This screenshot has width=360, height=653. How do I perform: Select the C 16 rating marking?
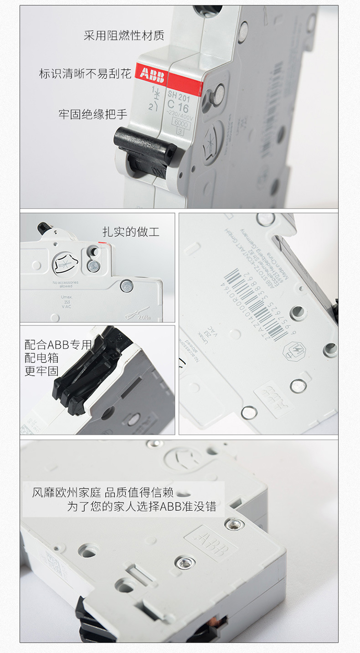178,107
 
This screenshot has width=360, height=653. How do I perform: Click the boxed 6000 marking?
181,123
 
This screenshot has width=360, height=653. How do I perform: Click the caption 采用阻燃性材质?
124,36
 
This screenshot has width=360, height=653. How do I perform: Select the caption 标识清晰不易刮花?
85,73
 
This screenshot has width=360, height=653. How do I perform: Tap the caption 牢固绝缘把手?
93,114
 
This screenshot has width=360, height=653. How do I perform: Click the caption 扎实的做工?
131,232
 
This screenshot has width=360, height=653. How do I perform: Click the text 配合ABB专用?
58,345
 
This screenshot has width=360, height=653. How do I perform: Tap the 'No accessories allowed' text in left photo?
66,284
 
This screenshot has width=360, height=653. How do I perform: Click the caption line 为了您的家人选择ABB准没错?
141,507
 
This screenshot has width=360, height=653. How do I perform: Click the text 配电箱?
41,358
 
